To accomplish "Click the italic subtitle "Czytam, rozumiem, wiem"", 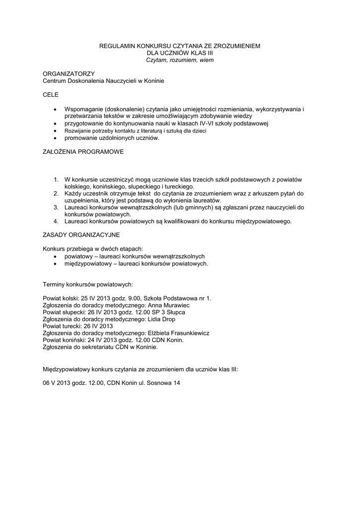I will click(180, 60).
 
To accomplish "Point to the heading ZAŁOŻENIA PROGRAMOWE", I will click(83, 152).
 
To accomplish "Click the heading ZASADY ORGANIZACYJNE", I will click(81, 234).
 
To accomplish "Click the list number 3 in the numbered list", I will click(56, 206).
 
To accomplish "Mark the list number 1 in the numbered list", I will click(56, 179).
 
